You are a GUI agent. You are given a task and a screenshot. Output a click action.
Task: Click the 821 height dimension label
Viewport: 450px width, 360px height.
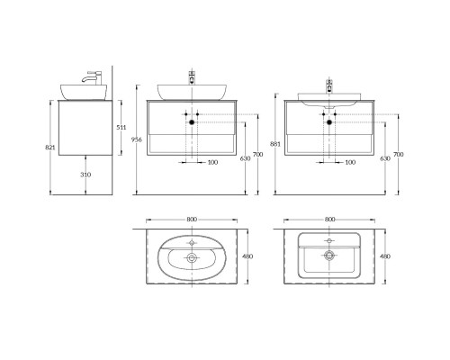pyautogui.click(x=50, y=148)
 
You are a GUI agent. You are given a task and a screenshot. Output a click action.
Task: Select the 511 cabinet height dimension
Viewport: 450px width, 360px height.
pyautogui.click(x=121, y=127)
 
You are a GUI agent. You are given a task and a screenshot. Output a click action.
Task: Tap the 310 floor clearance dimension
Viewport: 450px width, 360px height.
pyautogui.click(x=85, y=175)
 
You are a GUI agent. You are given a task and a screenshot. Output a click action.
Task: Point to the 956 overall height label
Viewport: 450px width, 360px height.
pyautogui.click(x=137, y=139)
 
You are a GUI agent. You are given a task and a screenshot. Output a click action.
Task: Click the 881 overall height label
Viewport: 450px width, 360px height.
pyautogui.click(x=275, y=144)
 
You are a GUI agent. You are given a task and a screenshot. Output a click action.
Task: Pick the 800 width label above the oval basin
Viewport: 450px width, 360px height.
pyautogui.click(x=192, y=220)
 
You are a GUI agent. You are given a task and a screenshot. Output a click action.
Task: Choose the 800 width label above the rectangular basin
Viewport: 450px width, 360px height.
pyautogui.click(x=329, y=220)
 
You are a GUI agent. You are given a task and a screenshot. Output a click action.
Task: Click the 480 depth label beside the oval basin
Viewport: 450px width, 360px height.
pyautogui.click(x=247, y=256)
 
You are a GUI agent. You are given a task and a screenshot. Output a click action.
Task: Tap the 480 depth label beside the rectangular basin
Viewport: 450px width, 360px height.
pyautogui.click(x=385, y=256)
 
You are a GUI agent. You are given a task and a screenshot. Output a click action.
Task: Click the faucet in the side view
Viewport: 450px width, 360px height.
pyautogui.click(x=93, y=77)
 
